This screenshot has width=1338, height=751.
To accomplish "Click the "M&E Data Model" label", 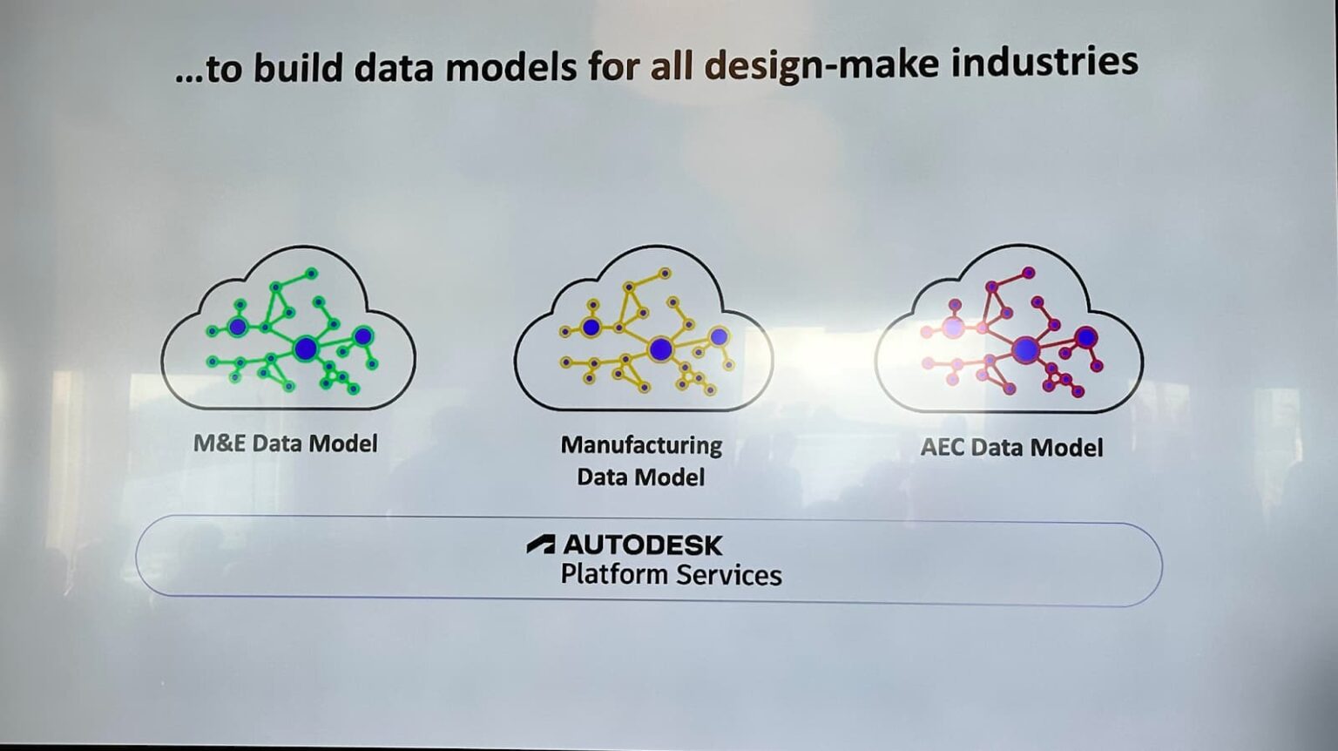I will tap(285, 443).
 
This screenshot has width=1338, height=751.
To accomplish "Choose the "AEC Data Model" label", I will tap(1011, 447).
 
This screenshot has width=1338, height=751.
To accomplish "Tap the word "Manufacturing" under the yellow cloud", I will tap(641, 445).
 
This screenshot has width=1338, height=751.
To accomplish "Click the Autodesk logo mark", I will tap(541, 545).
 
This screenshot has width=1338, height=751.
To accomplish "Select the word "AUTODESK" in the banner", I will tap(643, 545).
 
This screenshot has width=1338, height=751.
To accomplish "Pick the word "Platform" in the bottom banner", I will tap(614, 574).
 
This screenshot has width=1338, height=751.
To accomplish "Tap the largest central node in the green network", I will tap(305, 349).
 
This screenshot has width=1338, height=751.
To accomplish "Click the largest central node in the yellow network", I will tap(660, 349).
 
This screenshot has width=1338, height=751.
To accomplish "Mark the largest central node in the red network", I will tap(1026, 349).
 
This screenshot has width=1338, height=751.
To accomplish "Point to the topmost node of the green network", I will tap(311, 274).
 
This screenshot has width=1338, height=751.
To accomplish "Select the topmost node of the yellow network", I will tap(665, 274).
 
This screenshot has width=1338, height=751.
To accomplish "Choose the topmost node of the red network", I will tap(1029, 273).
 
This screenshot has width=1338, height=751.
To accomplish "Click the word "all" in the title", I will tap(671, 65).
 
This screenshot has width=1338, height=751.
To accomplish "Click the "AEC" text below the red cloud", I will tap(942, 447).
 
